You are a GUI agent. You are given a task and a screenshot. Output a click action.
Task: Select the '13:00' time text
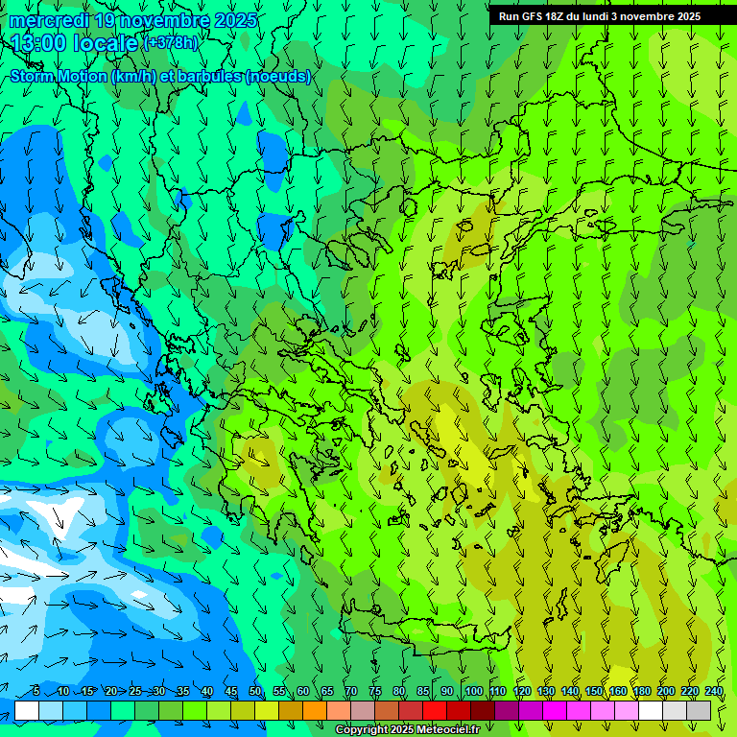[x=41, y=43]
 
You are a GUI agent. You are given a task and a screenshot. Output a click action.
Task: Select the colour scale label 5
[x=36, y=691]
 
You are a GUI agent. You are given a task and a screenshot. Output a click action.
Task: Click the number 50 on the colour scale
[x=255, y=691]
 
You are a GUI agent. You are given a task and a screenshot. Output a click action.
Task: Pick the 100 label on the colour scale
[x=473, y=691]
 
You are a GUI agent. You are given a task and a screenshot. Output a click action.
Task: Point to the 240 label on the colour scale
[x=714, y=691]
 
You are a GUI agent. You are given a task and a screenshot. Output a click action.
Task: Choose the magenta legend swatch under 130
[x=556, y=710]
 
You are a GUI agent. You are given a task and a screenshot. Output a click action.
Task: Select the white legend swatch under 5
[x=27, y=710]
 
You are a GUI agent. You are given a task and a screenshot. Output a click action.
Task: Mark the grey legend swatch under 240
[x=700, y=710]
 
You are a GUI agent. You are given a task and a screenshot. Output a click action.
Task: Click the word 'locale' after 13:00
[x=106, y=43]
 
